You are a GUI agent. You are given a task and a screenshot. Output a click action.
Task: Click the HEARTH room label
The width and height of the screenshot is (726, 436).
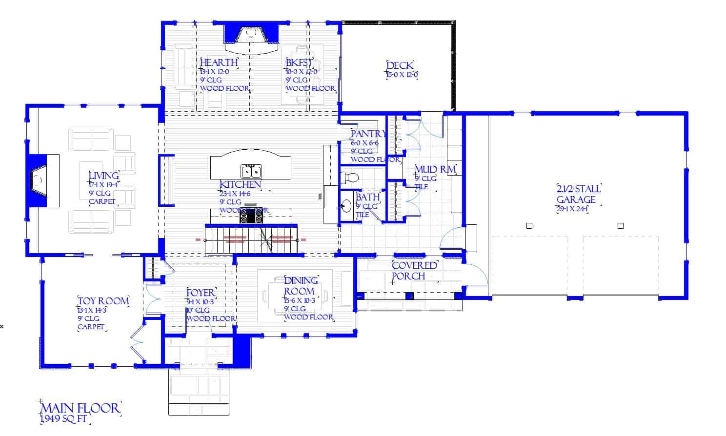(219, 62)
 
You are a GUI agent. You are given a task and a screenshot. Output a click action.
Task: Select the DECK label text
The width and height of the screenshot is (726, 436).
(400, 66)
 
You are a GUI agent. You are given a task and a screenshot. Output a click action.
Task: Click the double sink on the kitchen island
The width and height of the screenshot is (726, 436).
(251, 171)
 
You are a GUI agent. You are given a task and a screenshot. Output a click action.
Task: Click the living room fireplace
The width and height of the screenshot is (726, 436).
(38, 180)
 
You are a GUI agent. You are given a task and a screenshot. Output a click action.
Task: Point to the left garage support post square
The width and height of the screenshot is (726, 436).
(529, 226)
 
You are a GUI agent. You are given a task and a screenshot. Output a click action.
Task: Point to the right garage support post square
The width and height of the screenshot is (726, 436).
(621, 226)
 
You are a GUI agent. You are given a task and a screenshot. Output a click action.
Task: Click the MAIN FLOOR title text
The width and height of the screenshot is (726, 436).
(81, 408)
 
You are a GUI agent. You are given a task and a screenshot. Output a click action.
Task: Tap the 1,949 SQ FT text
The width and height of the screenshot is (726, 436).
(65, 419)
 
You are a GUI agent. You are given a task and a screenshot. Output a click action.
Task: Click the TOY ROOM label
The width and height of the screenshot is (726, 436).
(103, 301)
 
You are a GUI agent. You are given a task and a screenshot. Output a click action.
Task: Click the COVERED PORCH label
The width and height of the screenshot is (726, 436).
(414, 271)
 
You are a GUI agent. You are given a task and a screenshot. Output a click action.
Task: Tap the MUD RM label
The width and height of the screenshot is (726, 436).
(435, 170)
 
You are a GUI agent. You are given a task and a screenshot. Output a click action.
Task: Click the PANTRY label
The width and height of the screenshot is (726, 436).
(368, 134)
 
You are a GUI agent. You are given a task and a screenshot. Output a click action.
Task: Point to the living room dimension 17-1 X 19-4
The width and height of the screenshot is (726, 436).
(104, 185)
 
